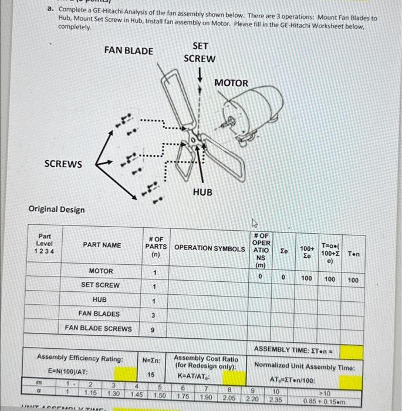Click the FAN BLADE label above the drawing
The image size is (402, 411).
click(129, 50)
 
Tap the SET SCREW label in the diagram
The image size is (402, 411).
click(200, 52)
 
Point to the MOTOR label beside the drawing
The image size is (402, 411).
click(231, 83)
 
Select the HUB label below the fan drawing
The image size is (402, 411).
click(202, 193)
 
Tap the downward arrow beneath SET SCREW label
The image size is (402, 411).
click(201, 75)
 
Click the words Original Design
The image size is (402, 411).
click(56, 210)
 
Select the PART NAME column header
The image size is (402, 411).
click(102, 245)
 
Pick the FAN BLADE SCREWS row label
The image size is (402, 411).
click(98, 328)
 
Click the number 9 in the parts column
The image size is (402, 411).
click(154, 331)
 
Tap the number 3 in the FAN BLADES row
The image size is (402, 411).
click(154, 316)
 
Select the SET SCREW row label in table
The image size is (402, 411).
click(100, 285)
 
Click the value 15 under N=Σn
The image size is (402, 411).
click(151, 374)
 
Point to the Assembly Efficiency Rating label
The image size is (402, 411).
click(80, 358)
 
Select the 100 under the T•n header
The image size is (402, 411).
click(353, 281)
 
